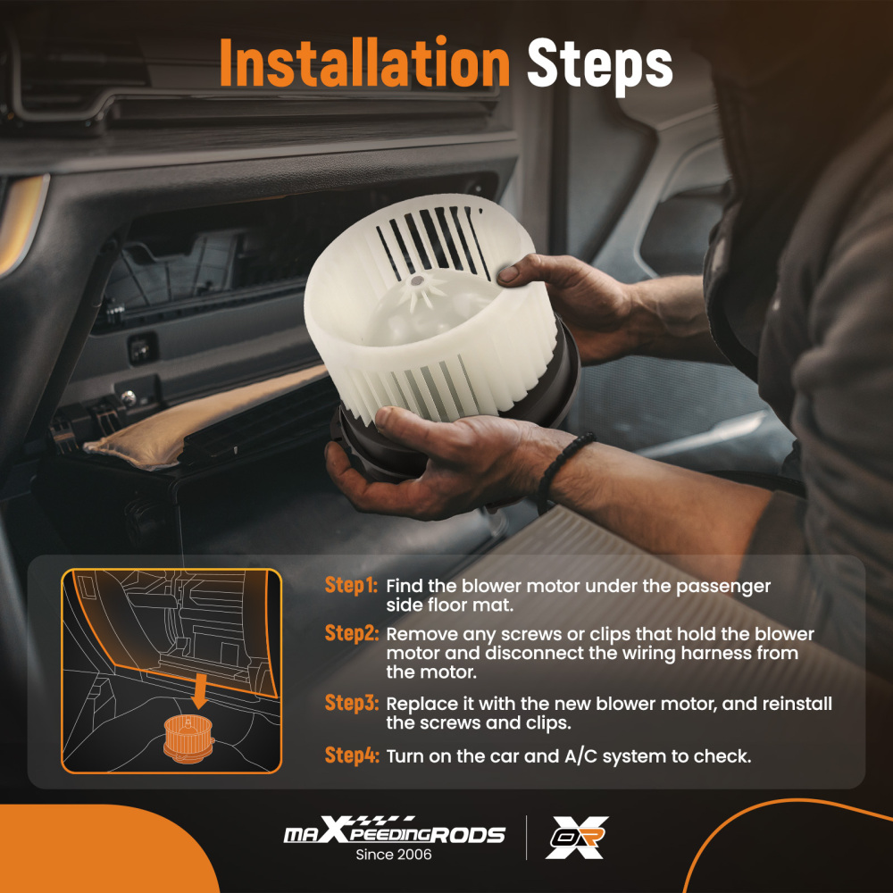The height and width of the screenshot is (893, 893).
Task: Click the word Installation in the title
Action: [364, 63]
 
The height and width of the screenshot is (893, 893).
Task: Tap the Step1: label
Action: [351, 585]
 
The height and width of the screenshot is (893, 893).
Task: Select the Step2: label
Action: [351, 633]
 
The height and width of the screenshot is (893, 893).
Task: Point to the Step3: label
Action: [351, 703]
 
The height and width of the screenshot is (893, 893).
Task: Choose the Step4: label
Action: [351, 755]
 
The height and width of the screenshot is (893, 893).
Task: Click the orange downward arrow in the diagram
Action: [199, 691]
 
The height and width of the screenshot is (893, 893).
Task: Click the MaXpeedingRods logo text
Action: [394, 830]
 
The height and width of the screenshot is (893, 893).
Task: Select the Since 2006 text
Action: [394, 855]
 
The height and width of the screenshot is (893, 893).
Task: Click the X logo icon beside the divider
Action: [577, 837]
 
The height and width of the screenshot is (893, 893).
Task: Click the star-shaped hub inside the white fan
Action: [421, 288]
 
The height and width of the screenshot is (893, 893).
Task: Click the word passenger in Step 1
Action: [722, 587]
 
